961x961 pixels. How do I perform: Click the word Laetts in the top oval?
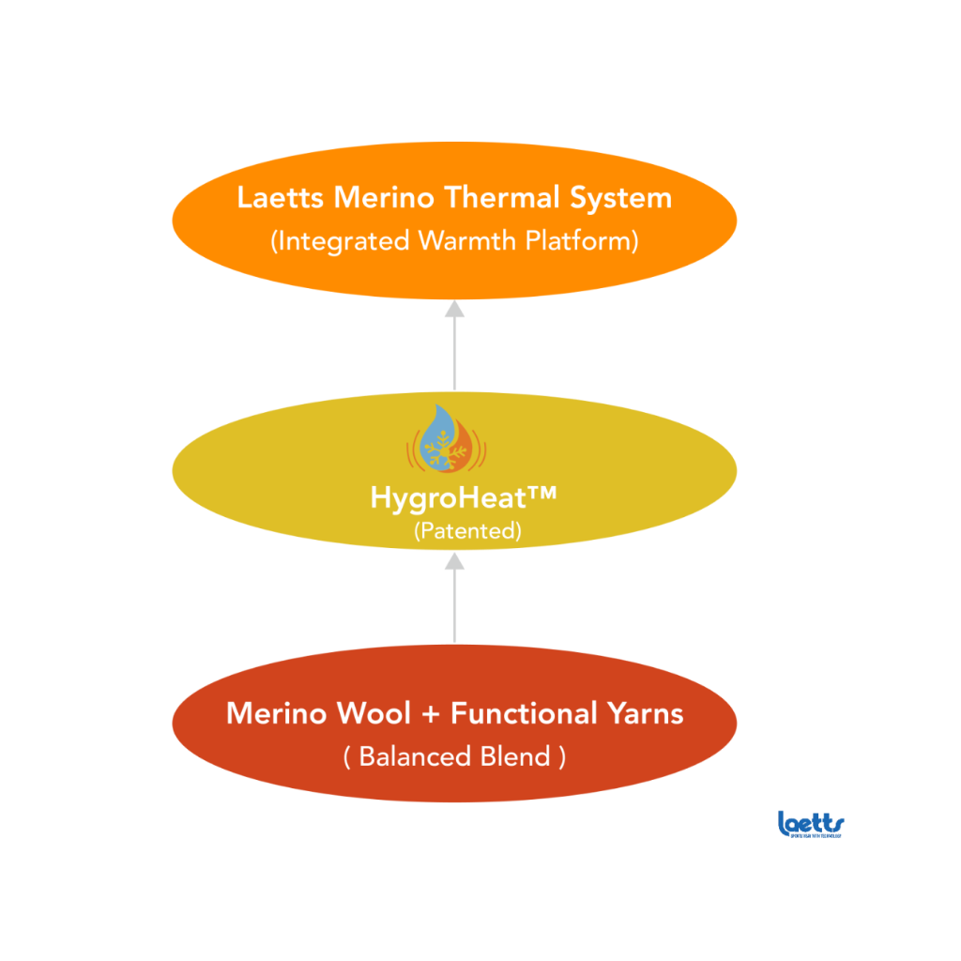click(275, 199)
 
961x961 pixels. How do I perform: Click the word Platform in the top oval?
click(578, 241)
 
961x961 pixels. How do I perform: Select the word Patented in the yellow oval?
click(467, 530)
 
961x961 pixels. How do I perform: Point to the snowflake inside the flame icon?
click(438, 451)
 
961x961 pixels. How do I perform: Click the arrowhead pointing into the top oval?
click(454, 309)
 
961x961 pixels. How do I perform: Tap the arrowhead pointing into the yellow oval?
click(454, 560)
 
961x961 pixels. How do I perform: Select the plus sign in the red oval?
click(431, 714)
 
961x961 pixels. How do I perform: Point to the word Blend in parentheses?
click(518, 756)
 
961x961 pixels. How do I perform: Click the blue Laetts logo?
click(811, 824)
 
